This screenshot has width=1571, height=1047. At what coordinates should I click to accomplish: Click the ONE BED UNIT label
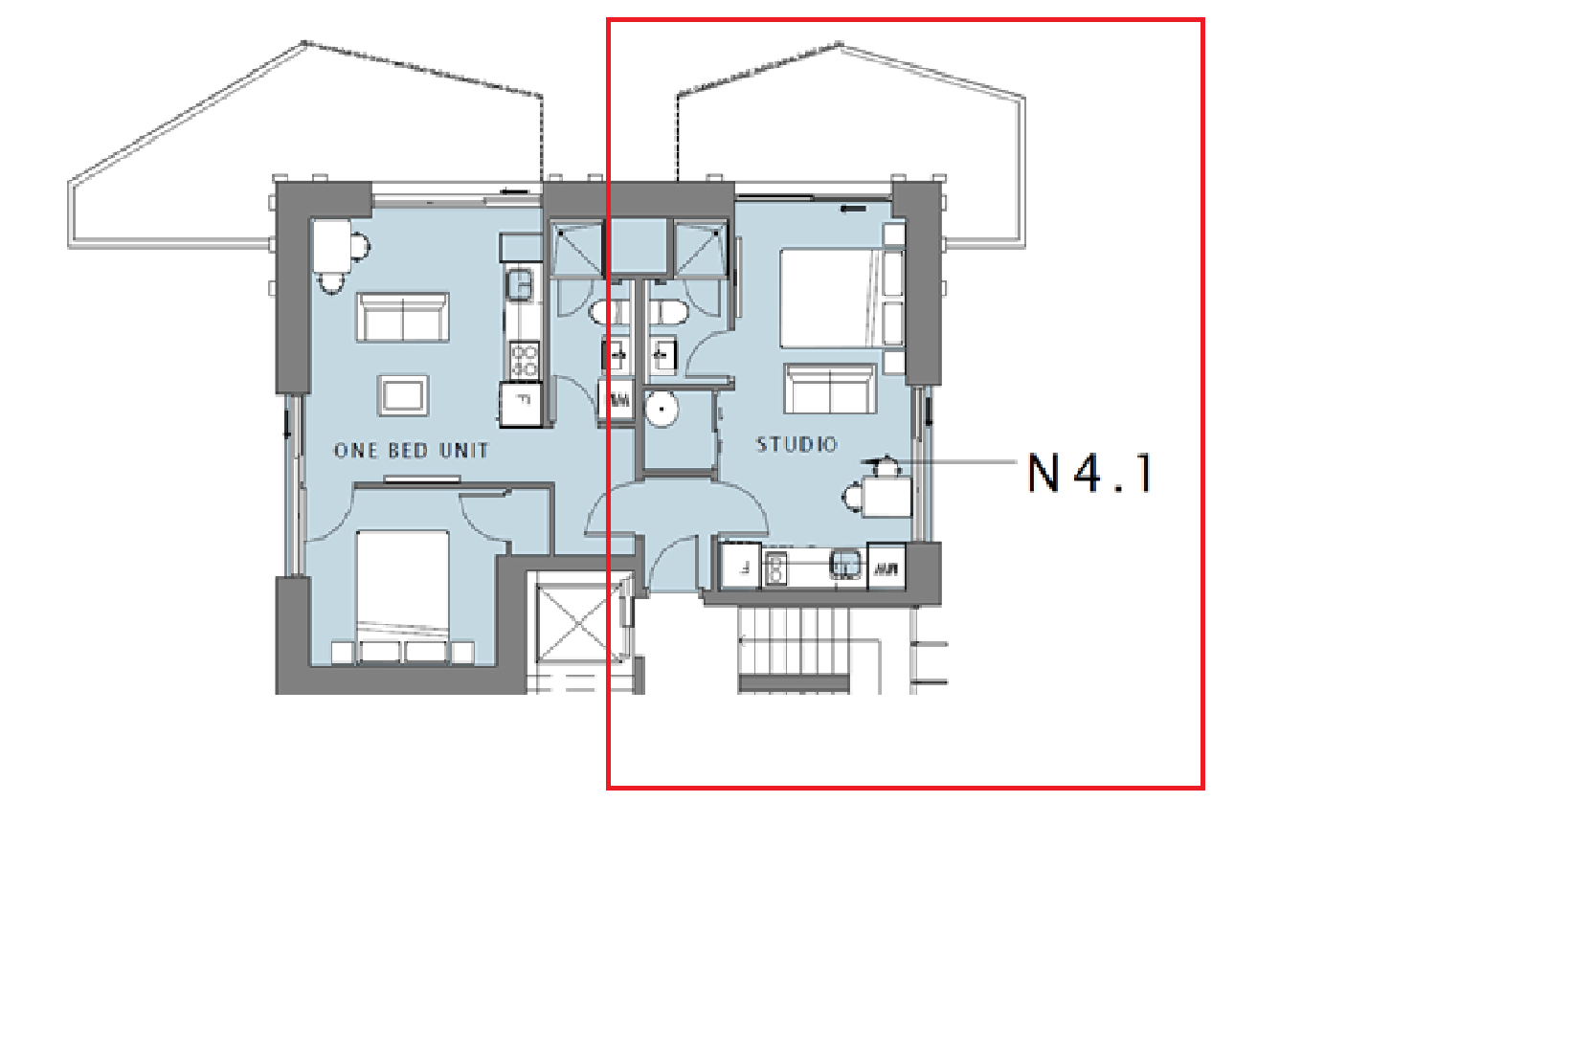pyautogui.click(x=412, y=450)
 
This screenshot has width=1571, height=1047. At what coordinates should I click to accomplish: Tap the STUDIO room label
pyautogui.click(x=797, y=444)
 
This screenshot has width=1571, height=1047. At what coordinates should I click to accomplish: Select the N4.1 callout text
pyautogui.click(x=1089, y=474)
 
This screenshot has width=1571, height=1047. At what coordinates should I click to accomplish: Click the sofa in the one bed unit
pyautogui.click(x=403, y=318)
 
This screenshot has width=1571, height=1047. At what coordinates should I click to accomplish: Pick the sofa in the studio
pyautogui.click(x=830, y=388)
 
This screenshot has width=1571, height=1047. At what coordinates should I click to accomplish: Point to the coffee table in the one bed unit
pyautogui.click(x=403, y=395)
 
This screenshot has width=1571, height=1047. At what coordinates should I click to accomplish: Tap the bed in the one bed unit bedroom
pyautogui.click(x=403, y=596)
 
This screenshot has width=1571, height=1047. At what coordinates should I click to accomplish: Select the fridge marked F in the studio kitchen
pyautogui.click(x=741, y=566)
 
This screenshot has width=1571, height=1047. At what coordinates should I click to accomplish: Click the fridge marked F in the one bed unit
pyautogui.click(x=521, y=404)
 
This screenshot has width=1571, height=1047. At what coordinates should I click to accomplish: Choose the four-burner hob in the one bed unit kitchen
pyautogui.click(x=524, y=359)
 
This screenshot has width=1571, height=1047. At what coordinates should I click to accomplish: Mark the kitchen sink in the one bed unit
pyautogui.click(x=520, y=284)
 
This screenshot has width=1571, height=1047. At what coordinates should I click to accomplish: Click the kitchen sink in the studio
pyautogui.click(x=845, y=565)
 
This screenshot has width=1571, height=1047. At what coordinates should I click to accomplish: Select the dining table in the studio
pyautogui.click(x=887, y=496)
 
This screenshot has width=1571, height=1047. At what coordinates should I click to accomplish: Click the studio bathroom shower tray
pyautogui.click(x=699, y=248)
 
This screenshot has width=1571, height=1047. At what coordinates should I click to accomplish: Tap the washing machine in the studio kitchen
pyautogui.click(x=886, y=566)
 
